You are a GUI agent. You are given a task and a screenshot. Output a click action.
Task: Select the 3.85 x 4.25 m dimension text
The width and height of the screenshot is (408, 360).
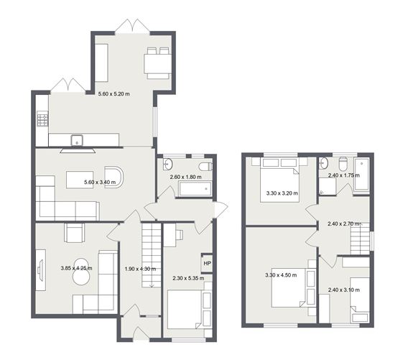point(76,268)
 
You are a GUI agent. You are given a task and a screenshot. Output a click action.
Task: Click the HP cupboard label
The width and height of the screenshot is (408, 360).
point(208,264)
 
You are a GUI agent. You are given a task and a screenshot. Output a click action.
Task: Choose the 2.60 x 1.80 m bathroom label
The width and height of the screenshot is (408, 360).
point(185,177)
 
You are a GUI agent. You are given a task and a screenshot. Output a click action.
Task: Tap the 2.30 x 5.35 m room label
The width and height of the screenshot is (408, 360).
point(186,278)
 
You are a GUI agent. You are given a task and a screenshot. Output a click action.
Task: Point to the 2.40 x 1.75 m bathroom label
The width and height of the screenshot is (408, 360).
point(344,175)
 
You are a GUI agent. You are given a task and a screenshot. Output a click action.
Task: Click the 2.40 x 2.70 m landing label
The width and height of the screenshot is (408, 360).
point(344,223)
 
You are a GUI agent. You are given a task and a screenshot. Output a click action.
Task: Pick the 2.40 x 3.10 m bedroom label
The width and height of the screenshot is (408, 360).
point(344,290)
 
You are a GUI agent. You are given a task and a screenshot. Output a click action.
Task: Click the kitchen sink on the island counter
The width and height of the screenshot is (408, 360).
point(77,139)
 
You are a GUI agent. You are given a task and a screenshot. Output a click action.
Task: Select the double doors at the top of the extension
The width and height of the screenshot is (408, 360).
point(134,27)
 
